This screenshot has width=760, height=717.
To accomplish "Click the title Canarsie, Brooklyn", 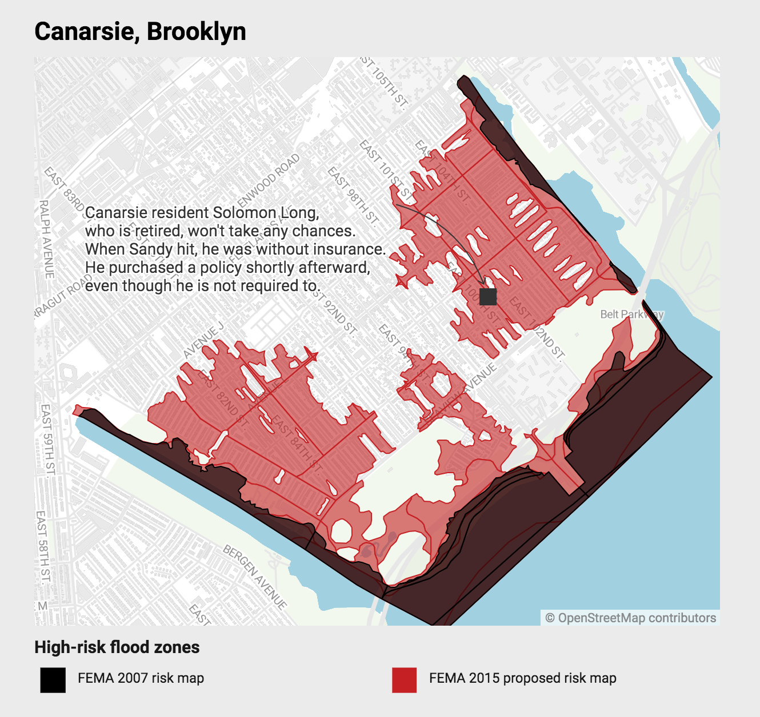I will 140,31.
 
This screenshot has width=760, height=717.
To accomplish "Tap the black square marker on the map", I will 488,297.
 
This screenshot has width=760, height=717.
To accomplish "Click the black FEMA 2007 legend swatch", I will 53,680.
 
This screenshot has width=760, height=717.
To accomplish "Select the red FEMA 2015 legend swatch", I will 404,680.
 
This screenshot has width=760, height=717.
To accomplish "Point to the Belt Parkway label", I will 632,315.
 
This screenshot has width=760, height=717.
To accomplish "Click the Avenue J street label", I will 203,341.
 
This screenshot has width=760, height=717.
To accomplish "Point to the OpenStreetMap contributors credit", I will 630,618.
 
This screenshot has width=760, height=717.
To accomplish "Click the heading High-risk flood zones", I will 117,647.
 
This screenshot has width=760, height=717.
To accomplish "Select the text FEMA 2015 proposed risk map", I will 522,678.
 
